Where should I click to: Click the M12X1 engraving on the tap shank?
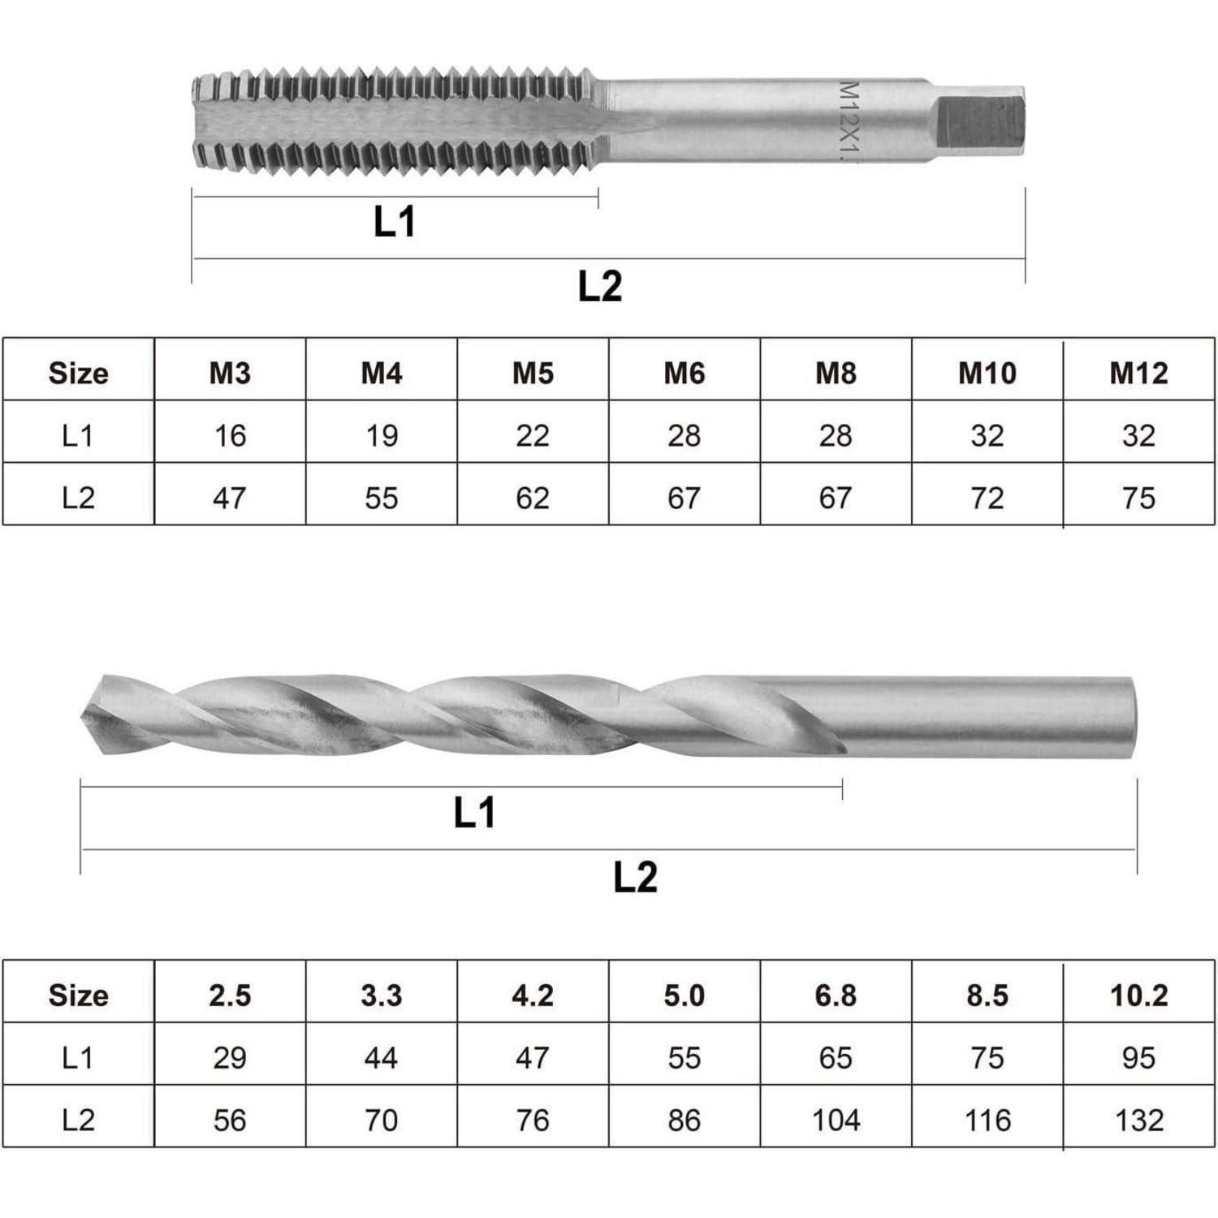[x=847, y=120]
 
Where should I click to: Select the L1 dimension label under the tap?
[x=395, y=222]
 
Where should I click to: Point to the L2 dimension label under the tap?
[x=600, y=286]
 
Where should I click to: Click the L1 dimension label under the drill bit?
[x=474, y=812]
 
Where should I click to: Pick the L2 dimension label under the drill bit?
[x=635, y=877]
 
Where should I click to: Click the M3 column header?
[x=230, y=373]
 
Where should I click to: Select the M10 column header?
[x=987, y=373]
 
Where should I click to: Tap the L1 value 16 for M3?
[x=230, y=435]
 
